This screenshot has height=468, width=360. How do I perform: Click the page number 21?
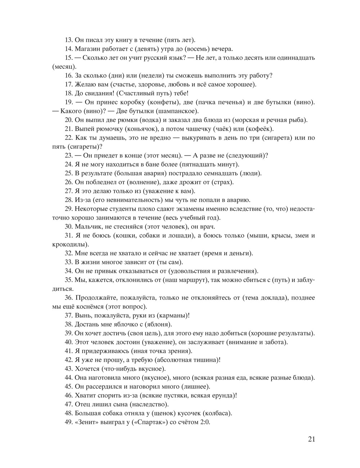click(x=311, y=439)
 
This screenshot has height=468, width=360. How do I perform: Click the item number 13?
click(x=69, y=40)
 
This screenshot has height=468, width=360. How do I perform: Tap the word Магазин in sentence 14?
click(x=87, y=49)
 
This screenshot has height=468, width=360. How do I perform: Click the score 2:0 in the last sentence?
click(x=204, y=422)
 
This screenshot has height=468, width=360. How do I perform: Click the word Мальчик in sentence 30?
click(x=88, y=227)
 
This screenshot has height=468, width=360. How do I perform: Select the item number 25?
click(x=69, y=173)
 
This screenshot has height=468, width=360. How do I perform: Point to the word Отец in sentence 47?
click(x=82, y=404)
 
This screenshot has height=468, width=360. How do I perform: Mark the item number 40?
click(x=69, y=342)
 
